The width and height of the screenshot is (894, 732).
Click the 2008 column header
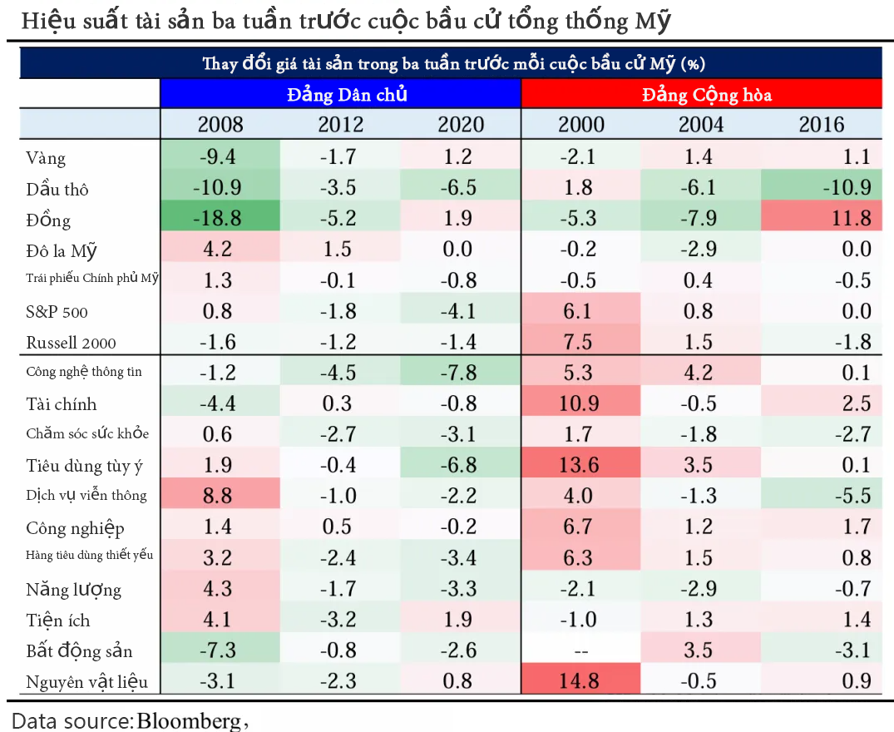[x=220, y=125]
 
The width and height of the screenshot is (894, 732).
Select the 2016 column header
[x=822, y=125]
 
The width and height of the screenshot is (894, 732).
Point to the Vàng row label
[x=46, y=158]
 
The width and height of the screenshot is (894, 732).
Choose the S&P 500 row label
[x=57, y=312]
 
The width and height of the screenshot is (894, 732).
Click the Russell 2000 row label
[x=72, y=343]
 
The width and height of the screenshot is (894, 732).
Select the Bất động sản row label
[x=79, y=651]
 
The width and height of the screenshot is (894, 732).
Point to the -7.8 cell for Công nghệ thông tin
[x=461, y=372]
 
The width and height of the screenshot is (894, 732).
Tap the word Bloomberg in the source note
[x=187, y=720]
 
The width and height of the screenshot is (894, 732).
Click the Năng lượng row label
[x=73, y=590]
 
